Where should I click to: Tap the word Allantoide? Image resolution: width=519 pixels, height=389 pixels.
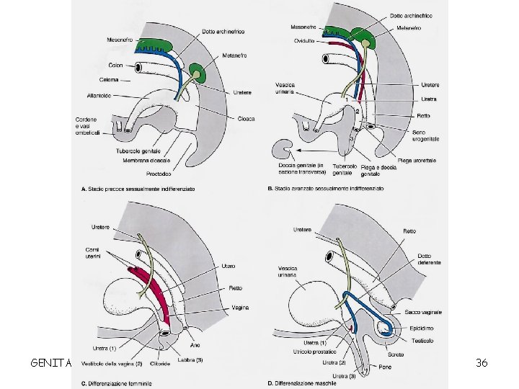pos(99,94)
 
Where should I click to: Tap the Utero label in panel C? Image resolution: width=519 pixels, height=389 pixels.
pos(229,266)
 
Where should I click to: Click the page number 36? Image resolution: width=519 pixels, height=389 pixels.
pos(482,362)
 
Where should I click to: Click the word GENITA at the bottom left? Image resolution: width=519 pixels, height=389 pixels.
pos(50,363)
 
